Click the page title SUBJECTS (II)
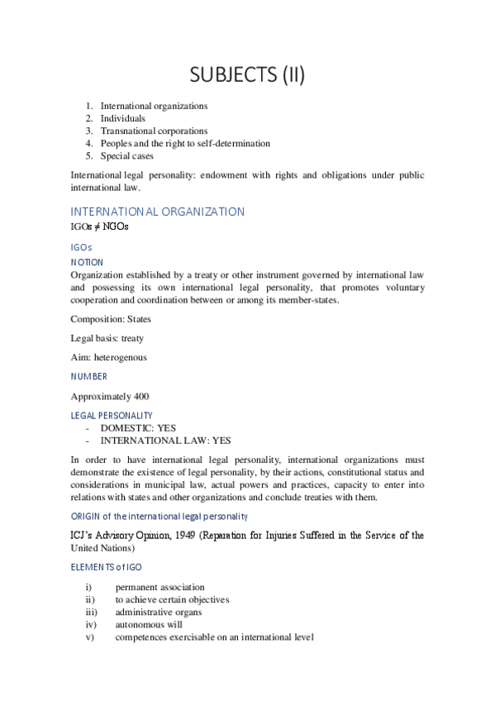[x=247, y=75]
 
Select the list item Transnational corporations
[x=154, y=131]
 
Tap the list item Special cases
[x=126, y=155]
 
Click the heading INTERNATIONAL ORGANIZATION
[x=157, y=212]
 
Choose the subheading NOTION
[x=87, y=262]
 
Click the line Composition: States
[x=111, y=319]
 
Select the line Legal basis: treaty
[x=107, y=338]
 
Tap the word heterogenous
[x=121, y=357]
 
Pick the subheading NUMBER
[x=89, y=376]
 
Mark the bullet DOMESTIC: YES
[x=138, y=428]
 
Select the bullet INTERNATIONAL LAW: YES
[x=165, y=441]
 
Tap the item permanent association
[x=159, y=587]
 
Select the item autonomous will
[x=149, y=625]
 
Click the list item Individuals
[x=122, y=118]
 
